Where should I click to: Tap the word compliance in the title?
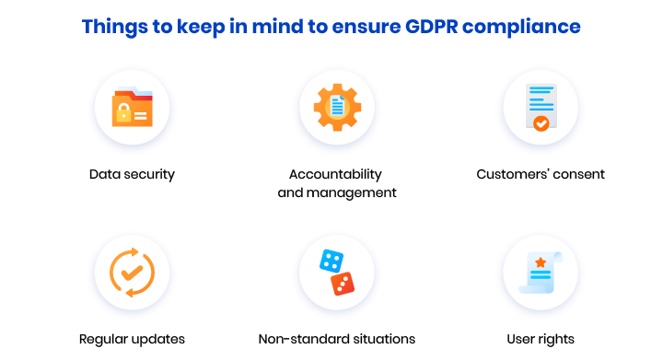coord(526,27)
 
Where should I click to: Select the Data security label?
coord(132,174)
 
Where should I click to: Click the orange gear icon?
coord(336,107)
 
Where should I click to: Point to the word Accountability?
coord(335,174)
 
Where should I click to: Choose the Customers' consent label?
coord(541,174)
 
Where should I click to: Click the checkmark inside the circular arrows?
coord(132,273)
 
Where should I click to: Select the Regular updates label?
coord(132,339)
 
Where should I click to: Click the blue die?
coord(330,261)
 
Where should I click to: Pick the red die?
coord(342,284)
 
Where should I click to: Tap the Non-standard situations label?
coord(337,339)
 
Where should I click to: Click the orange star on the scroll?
coord(540,263)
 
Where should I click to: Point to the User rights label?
coord(541,339)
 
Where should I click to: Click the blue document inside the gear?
coord(336,107)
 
